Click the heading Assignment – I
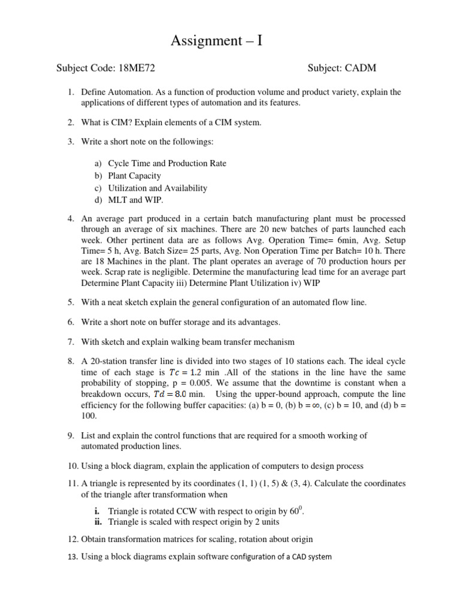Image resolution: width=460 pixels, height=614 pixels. click(216, 41)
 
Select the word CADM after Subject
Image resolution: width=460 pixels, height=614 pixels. click(360, 68)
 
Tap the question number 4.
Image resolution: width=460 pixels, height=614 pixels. click(70, 219)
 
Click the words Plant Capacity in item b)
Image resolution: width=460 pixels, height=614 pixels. click(134, 176)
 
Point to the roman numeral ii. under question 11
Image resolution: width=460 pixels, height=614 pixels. click(98, 522)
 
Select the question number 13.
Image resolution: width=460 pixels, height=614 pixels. click(72, 556)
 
